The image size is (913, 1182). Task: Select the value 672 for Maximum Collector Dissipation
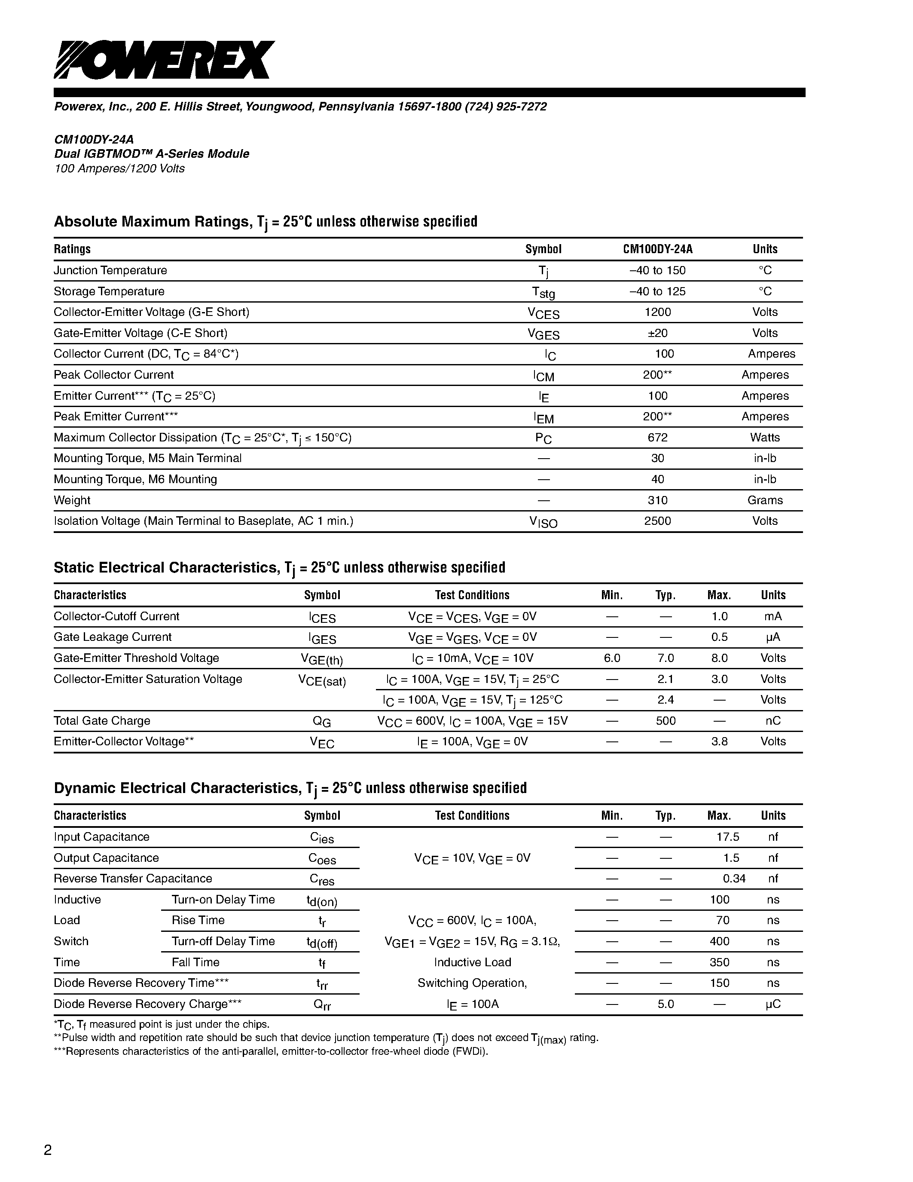coord(658,437)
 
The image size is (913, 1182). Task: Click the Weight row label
coord(72,500)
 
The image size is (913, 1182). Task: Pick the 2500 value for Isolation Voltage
coord(658,521)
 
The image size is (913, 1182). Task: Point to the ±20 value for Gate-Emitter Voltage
coord(658,333)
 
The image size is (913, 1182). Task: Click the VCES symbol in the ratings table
coord(543,313)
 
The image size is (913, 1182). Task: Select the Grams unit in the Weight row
coord(765,500)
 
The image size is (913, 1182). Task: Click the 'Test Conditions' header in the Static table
coord(472,595)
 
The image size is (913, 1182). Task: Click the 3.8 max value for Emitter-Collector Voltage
coord(719,741)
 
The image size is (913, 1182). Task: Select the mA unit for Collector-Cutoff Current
coord(773,616)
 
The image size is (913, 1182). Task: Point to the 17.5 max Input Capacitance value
coord(727,837)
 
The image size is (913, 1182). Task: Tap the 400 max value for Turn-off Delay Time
coord(719,941)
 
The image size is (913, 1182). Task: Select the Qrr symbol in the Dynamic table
coord(322,1004)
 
